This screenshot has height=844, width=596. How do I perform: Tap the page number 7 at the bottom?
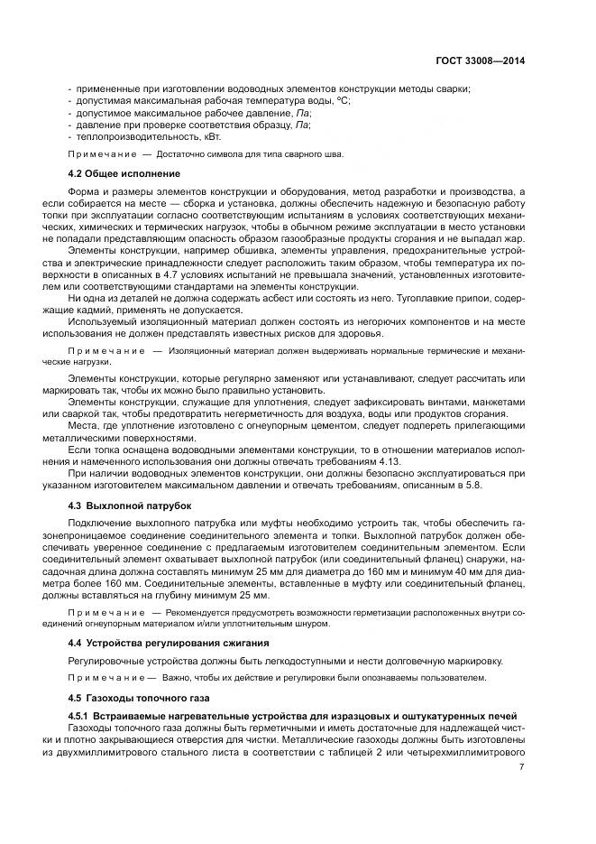pyautogui.click(x=522, y=767)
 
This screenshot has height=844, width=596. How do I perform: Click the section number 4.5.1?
pyautogui.click(x=83, y=716)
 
